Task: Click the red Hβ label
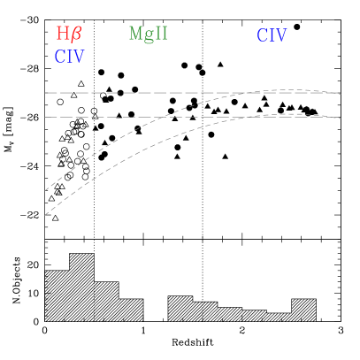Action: tap(69, 34)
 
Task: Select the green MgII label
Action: tap(148, 34)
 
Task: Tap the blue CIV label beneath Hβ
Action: tap(69, 57)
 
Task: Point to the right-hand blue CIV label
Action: tap(272, 36)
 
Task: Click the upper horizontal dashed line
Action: tap(133, 93)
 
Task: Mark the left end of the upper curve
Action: tap(45, 190)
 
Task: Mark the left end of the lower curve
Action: tap(45, 215)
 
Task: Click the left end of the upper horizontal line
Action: tap(45, 93)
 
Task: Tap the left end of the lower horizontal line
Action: tap(45, 117)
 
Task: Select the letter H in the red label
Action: tap(63, 34)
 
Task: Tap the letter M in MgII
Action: tap(135, 34)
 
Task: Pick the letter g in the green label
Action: tap(148, 36)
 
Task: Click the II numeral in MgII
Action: tap(160, 34)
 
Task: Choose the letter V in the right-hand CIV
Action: tap(282, 36)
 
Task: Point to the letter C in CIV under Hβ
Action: tap(59, 57)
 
